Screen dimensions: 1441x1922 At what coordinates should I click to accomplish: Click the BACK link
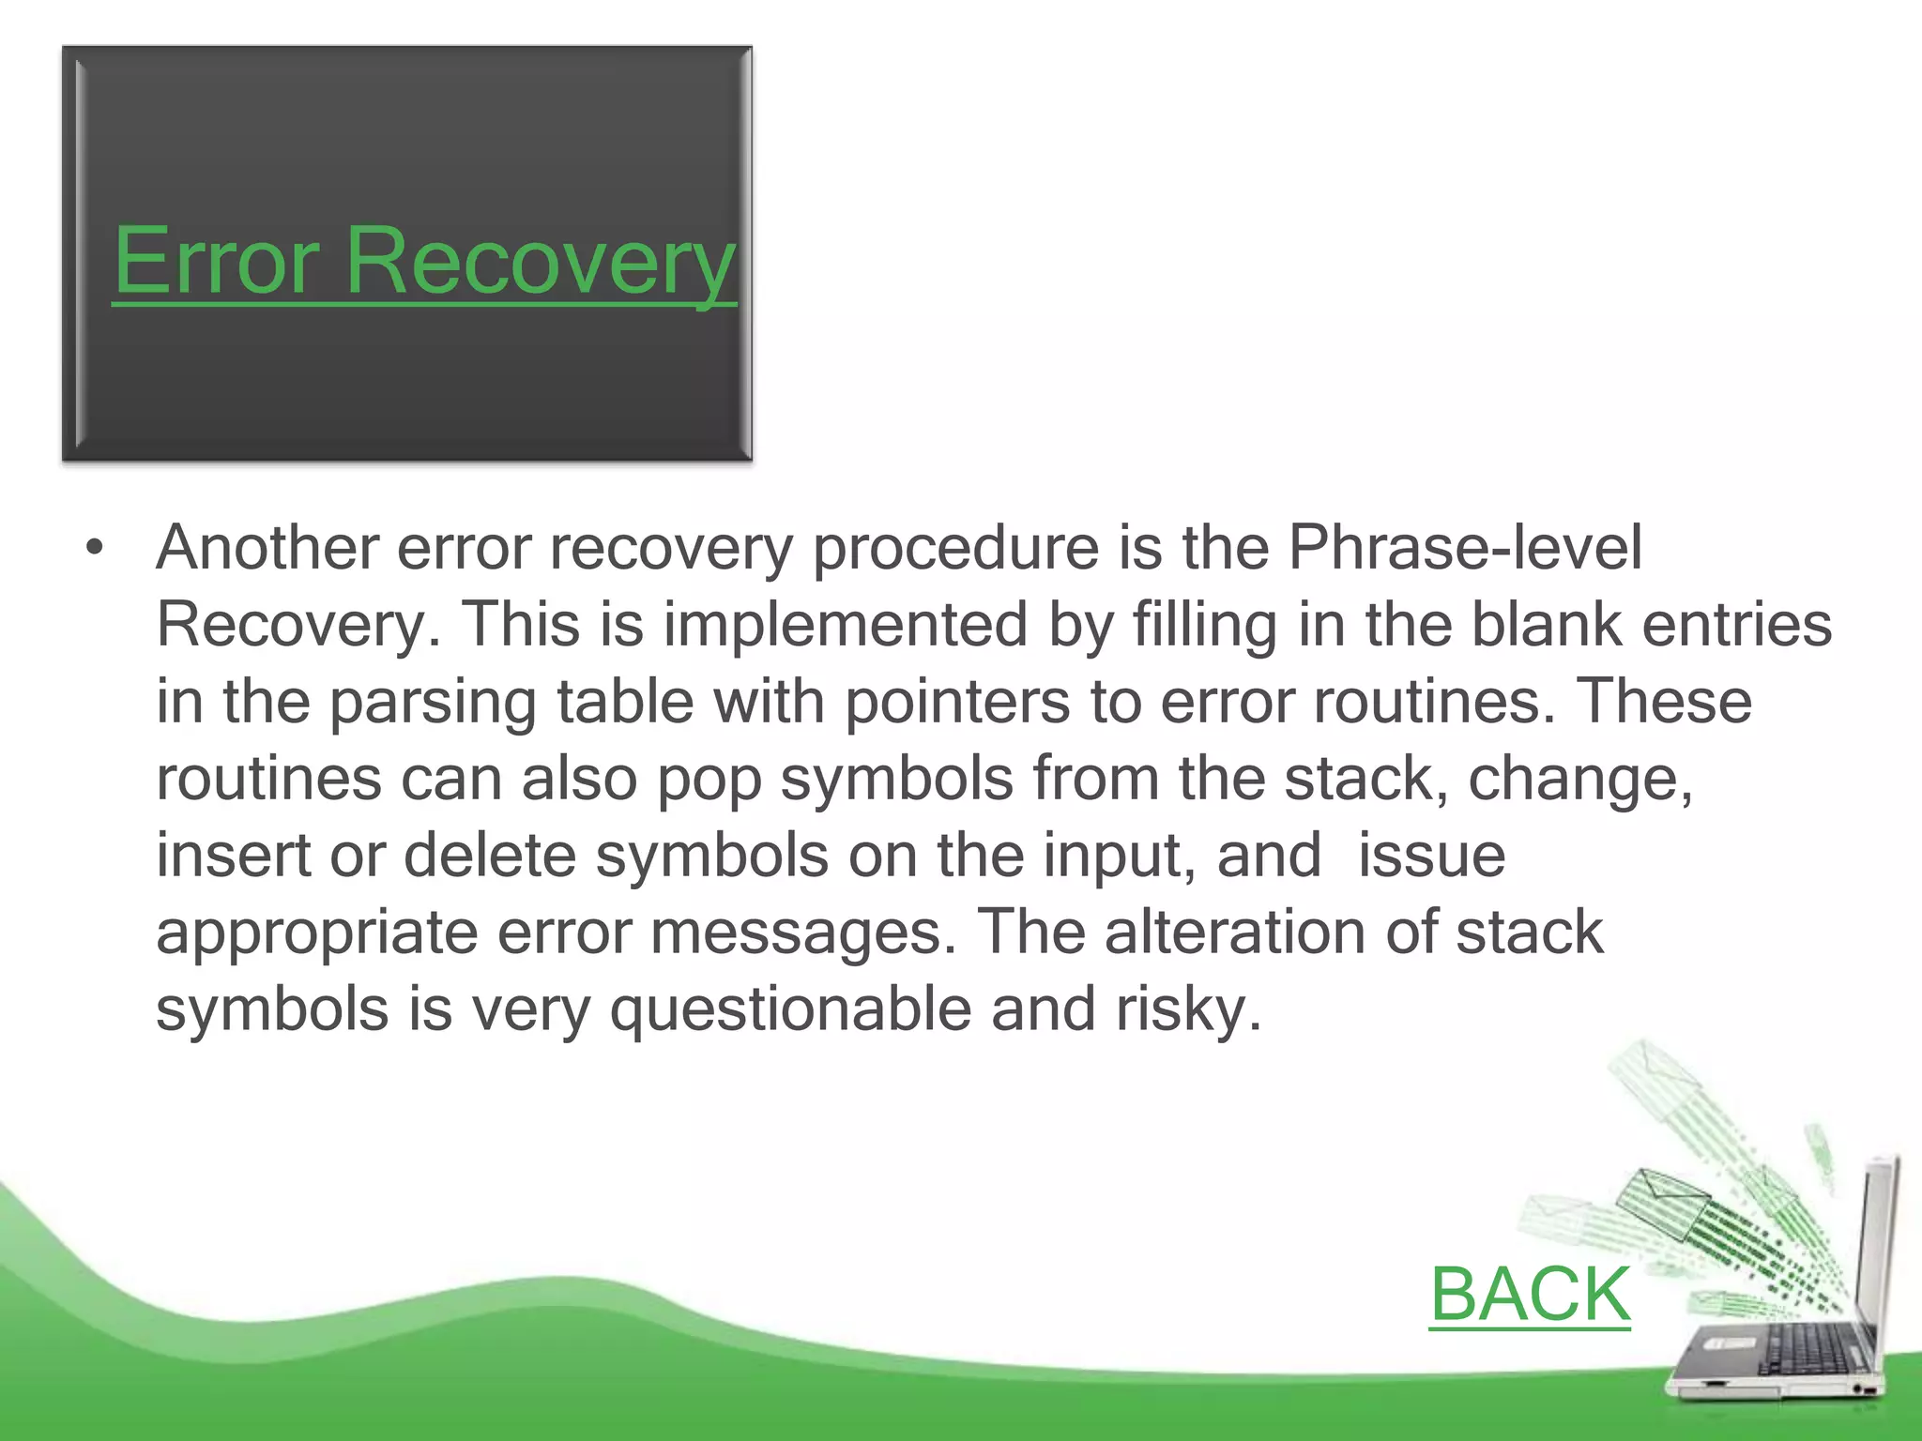click(x=1530, y=1294)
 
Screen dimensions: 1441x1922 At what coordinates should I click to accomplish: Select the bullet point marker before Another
click(x=93, y=548)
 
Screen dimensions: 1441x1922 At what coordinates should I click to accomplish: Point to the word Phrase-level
click(x=1464, y=548)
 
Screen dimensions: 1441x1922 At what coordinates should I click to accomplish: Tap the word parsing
click(x=433, y=704)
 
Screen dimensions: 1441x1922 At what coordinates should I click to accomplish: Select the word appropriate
click(x=316, y=934)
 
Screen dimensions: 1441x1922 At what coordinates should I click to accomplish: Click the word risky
click(x=1187, y=1011)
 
